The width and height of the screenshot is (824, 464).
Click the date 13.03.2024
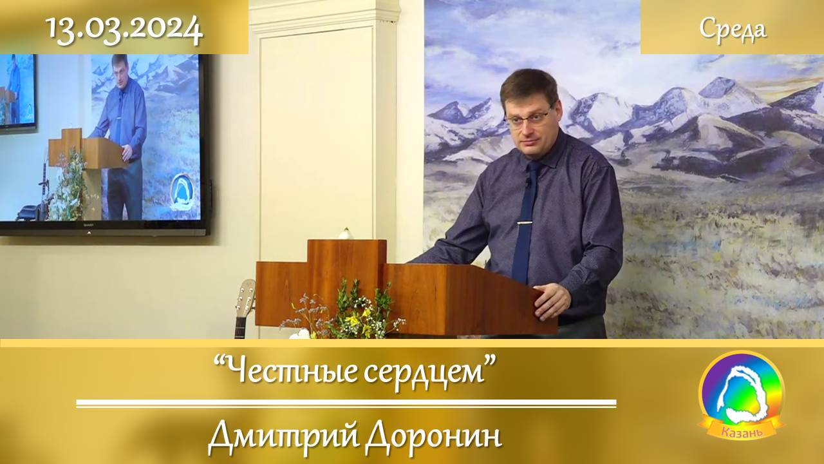pos(124,29)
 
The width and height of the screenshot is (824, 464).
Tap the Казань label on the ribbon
pos(742,432)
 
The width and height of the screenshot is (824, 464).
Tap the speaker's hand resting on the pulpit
pos(552,300)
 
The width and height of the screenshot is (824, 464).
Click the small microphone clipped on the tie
pos(528,182)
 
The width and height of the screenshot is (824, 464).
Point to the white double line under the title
pos(346,404)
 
